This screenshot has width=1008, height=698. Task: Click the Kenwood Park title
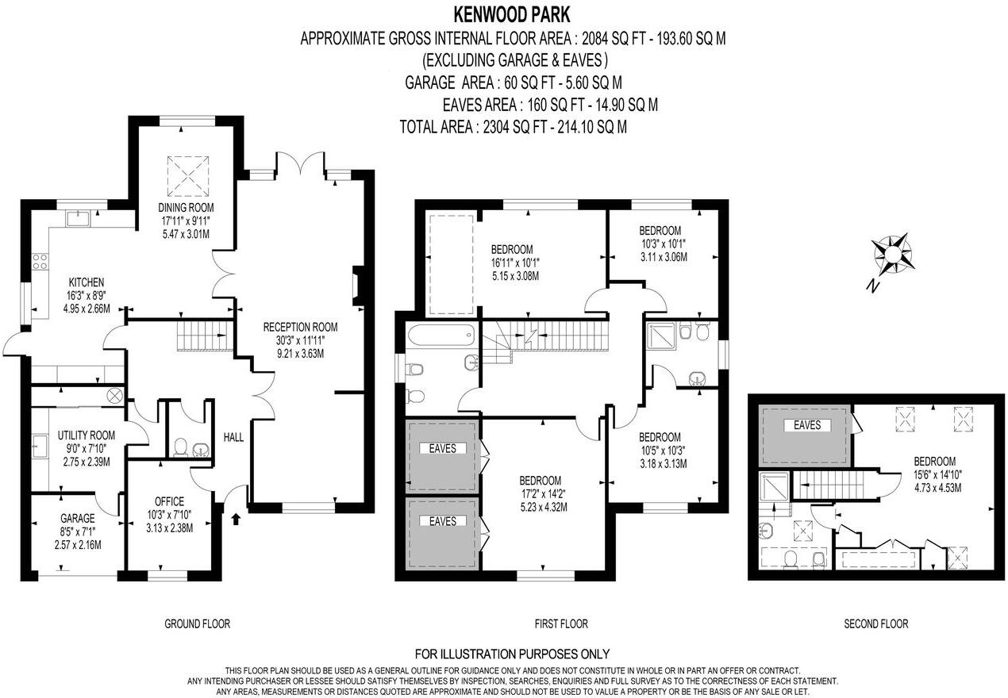point(512,15)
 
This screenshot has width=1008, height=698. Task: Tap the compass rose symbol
point(891,255)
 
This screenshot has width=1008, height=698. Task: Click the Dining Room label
point(186,207)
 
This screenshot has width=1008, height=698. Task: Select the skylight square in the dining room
point(188,176)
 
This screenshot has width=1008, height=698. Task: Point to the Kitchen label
point(87,282)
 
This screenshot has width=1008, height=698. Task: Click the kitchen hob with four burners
point(40,261)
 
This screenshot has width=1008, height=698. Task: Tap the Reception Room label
point(300,327)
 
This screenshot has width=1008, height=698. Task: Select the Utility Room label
point(86,435)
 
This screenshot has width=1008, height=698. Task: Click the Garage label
point(78,518)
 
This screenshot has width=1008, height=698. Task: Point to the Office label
point(169,501)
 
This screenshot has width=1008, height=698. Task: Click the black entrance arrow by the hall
point(236,520)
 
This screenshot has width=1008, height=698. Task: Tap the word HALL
point(233,437)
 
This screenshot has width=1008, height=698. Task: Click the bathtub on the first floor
point(441,335)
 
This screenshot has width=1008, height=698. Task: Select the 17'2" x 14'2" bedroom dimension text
point(544,493)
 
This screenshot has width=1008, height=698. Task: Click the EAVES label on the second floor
point(807,425)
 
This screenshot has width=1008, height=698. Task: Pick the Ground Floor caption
point(197,623)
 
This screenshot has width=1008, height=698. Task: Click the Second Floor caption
point(876,623)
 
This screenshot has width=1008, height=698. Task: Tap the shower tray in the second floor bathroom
point(774,486)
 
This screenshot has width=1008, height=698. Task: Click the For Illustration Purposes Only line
point(512,654)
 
